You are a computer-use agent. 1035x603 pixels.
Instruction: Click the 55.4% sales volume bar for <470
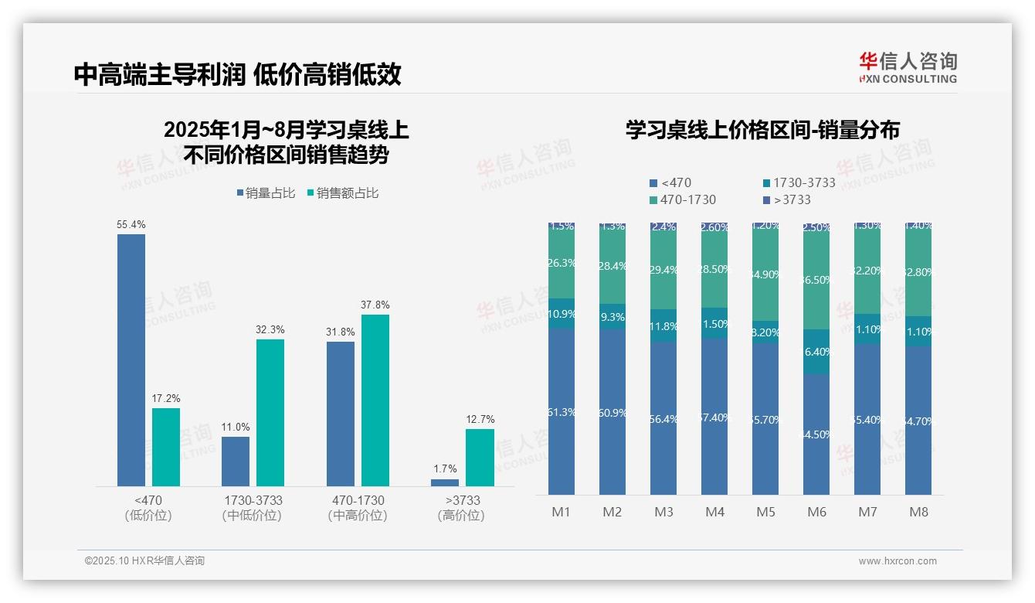tap(131, 359)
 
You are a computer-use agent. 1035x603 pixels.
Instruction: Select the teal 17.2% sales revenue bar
tap(166, 447)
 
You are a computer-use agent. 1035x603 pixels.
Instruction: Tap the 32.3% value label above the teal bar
tap(270, 329)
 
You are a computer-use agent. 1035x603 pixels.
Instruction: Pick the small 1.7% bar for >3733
tap(445, 482)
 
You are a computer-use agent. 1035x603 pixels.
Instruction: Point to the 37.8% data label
tap(375, 305)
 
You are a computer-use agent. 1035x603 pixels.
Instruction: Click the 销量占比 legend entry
tap(266, 193)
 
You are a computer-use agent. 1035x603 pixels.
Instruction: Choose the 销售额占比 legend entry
tap(343, 193)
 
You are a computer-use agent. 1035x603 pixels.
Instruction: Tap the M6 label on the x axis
tap(816, 512)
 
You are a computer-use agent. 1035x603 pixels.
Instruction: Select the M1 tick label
tap(562, 512)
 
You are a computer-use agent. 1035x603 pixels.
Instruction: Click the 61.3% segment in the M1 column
tap(562, 411)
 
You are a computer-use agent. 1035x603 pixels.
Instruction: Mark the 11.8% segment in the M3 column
tap(663, 325)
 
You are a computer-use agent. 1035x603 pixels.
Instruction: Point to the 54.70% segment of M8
tap(918, 421)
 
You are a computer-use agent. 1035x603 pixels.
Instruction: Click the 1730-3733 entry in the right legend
tap(799, 183)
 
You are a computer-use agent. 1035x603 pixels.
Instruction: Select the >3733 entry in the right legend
tap(787, 200)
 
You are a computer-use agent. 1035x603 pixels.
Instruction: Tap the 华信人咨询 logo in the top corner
tap(908, 67)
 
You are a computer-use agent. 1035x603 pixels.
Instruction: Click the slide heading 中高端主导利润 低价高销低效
tap(238, 74)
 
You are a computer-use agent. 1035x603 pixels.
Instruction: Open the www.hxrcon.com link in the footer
tap(898, 561)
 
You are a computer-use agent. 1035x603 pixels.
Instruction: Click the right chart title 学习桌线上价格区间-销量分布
tap(762, 130)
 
